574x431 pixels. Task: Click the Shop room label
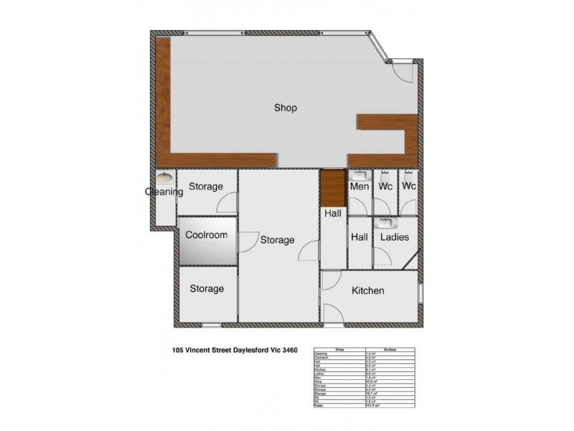click(x=286, y=108)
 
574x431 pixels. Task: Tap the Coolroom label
click(x=206, y=235)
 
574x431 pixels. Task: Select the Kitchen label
click(x=367, y=291)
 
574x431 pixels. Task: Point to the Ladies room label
click(x=395, y=237)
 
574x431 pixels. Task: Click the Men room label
click(x=359, y=187)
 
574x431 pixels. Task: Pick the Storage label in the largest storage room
click(x=277, y=240)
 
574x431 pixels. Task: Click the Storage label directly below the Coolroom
click(x=207, y=289)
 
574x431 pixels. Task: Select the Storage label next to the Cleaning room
click(x=206, y=187)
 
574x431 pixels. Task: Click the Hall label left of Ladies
click(x=359, y=237)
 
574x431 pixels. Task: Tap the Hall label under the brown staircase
click(x=332, y=213)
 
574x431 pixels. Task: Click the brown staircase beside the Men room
click(x=332, y=186)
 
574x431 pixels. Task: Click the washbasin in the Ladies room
click(x=387, y=222)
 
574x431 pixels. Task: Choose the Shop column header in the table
click(x=341, y=349)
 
